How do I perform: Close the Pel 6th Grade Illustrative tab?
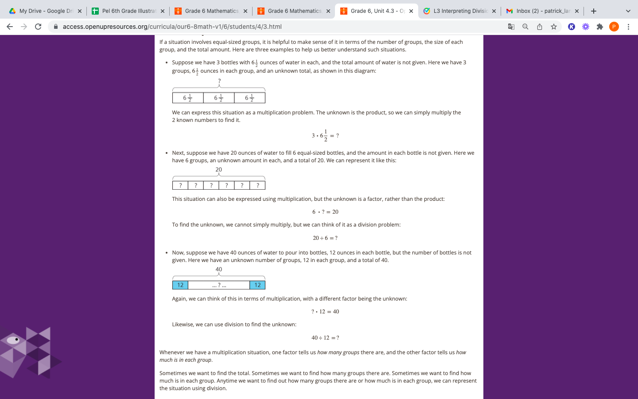[163, 11]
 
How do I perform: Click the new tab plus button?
[594, 11]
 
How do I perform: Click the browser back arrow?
[10, 27]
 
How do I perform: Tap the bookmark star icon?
[554, 27]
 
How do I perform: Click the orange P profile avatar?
[614, 27]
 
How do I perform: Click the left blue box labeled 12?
[180, 285]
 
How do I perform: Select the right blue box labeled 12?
[257, 285]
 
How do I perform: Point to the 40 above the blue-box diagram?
[219, 270]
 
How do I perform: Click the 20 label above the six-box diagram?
[219, 170]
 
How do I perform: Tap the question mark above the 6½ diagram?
[219, 81]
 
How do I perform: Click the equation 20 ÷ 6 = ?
[325, 238]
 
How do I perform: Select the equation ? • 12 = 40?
[325, 312]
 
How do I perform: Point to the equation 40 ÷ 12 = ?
[325, 338]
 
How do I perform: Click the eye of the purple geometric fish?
[16, 340]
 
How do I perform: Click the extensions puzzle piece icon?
[600, 27]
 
